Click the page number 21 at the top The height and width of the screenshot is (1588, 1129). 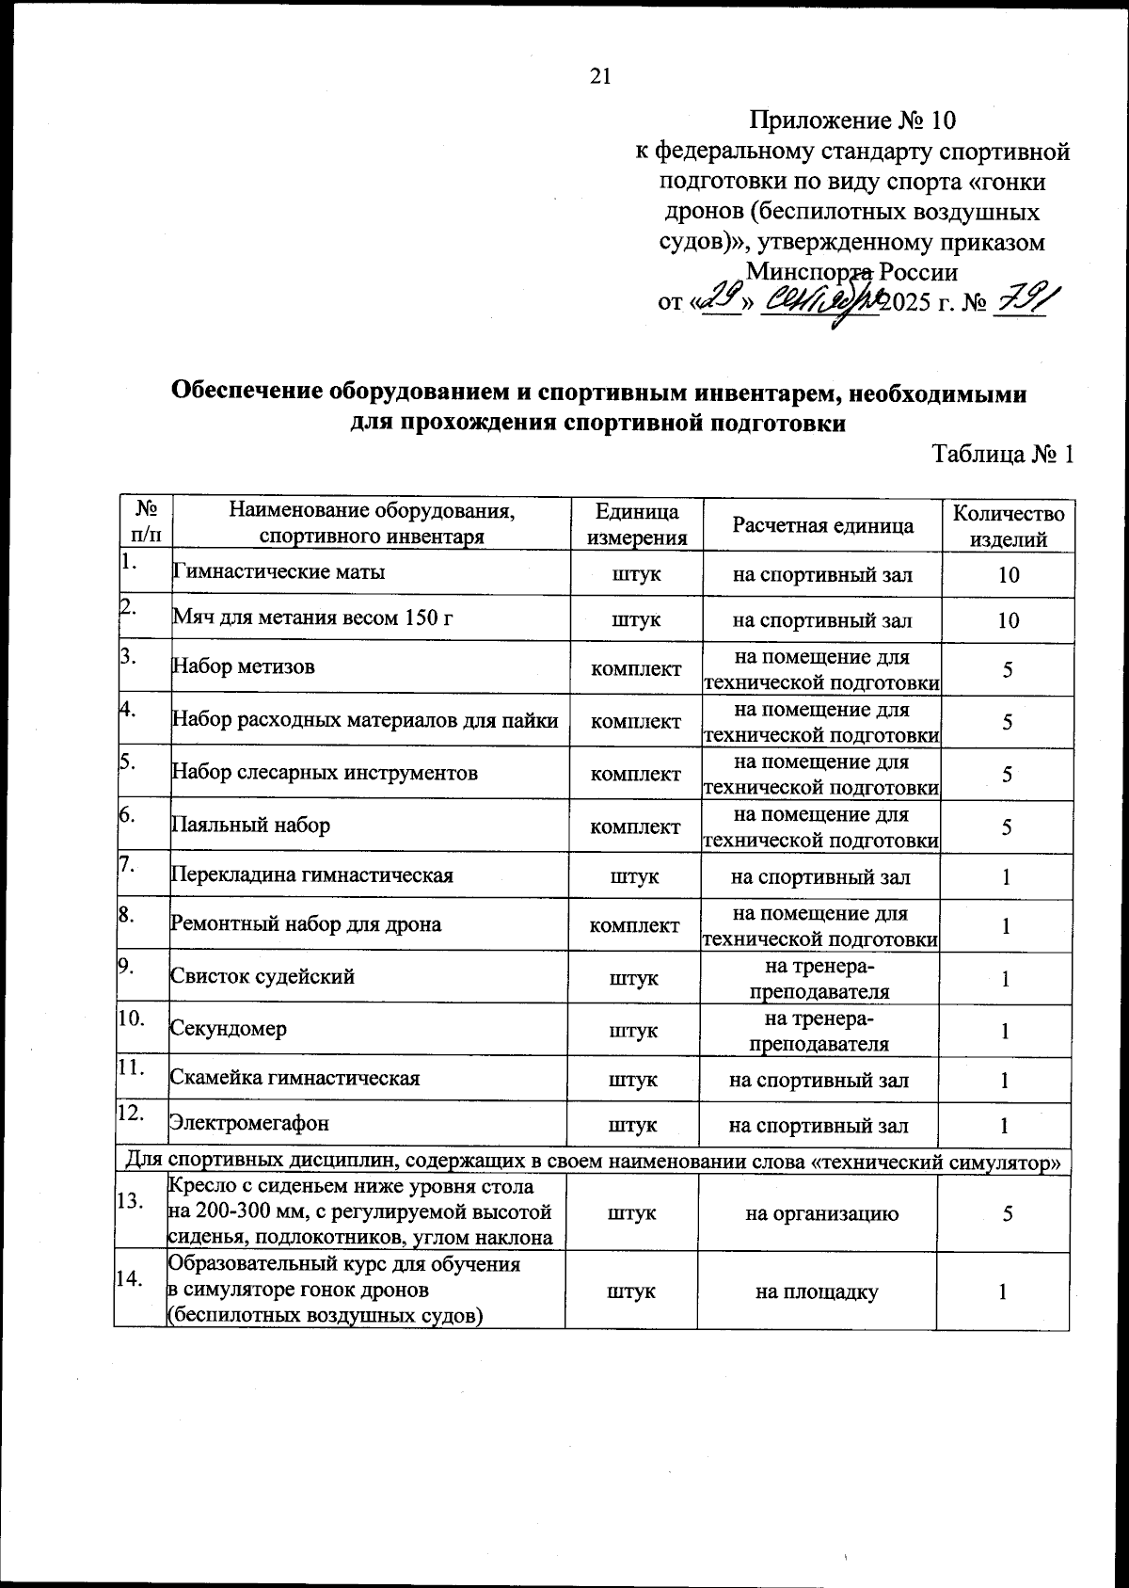pos(600,76)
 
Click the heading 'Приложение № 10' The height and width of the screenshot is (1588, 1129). pos(851,120)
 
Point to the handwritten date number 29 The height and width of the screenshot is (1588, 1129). pos(721,301)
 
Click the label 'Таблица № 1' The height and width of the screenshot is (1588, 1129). pos(1002,455)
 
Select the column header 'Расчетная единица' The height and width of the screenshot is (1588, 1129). pos(822,525)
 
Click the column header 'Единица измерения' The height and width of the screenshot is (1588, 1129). pos(637,525)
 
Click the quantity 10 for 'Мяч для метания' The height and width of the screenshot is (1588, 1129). pos(1008,620)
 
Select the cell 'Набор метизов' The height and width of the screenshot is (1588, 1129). pos(243,667)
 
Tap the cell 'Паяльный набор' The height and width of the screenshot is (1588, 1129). pos(250,826)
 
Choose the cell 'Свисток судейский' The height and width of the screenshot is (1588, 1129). pos(262,976)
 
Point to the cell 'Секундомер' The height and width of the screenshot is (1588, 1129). pos(229,1029)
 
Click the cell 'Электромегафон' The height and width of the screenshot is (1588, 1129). pos(249,1123)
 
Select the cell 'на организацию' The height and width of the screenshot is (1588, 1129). pos(820,1213)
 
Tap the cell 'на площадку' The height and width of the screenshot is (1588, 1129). pos(817,1291)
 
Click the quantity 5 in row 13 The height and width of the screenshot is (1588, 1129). pos(1007,1213)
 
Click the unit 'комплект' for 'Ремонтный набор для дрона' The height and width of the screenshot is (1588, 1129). pos(634,924)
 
